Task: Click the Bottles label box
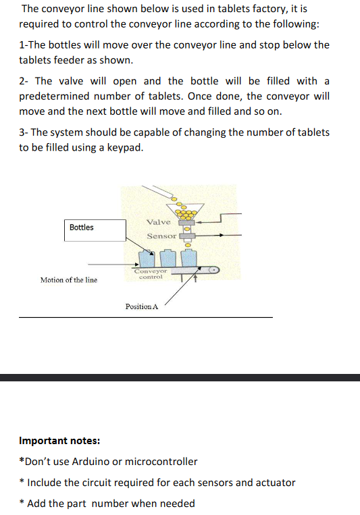coord(95,229)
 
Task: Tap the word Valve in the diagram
coord(158,221)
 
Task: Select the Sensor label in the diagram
coord(161,236)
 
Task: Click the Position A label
coord(141,306)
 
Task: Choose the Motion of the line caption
coord(68,279)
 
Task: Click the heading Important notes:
coord(60,441)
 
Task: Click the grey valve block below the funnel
coord(186,221)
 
